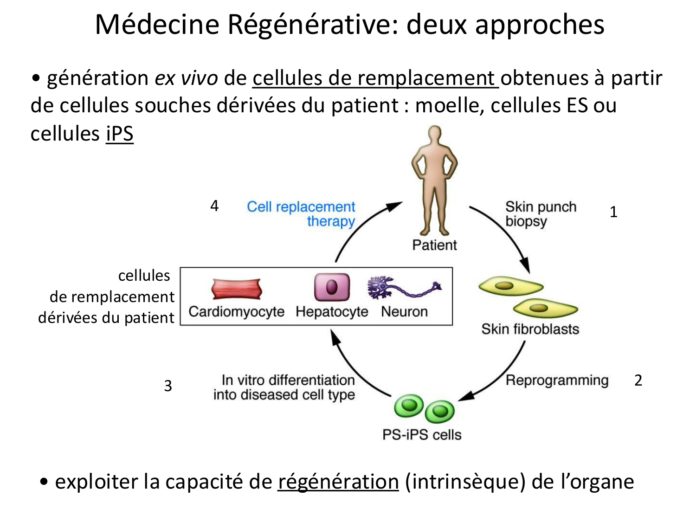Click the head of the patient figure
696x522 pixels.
pos(434,136)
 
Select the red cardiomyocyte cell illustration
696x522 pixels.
pos(237,290)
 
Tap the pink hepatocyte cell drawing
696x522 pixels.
pos(332,287)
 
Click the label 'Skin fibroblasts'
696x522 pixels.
pos(530,329)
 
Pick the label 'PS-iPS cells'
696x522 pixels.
pos(422,435)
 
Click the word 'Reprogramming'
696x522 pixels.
pos(557,380)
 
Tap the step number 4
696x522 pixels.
pos(214,206)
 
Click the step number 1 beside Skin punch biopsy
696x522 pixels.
pos(613,212)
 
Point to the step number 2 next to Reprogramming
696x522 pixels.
pos(638,380)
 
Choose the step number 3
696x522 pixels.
pos(168,386)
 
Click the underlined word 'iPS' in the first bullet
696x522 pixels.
pos(120,134)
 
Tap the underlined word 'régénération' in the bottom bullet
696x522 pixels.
pos(338,482)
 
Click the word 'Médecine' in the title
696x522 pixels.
pos(157,24)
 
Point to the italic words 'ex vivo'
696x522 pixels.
pos(186,78)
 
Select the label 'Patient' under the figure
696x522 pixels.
pos(434,245)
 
